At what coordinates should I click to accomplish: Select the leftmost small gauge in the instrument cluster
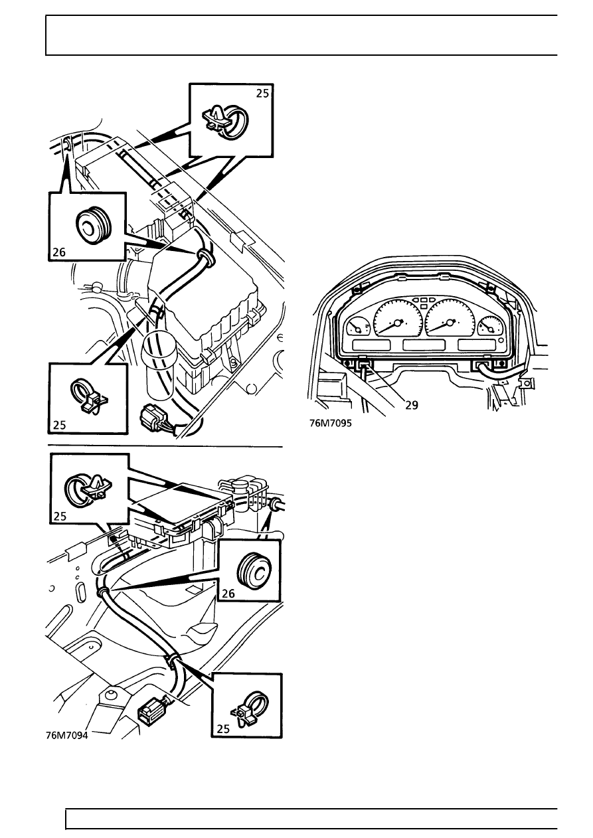pos(359,328)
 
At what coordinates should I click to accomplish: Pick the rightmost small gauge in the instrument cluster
pos(489,327)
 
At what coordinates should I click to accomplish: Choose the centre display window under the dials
pos(424,346)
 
